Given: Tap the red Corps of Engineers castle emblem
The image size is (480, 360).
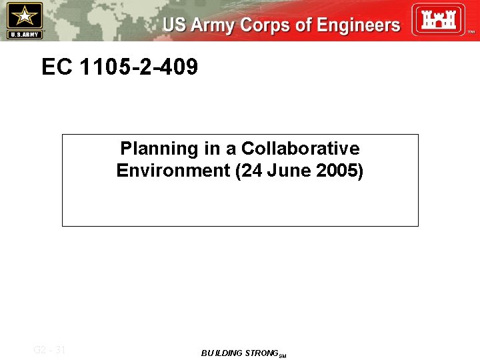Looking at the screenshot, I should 438,19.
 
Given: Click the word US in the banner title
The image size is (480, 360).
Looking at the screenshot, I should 175,26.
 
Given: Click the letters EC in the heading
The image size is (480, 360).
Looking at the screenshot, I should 55,67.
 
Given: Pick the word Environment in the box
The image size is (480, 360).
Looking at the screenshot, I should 173,171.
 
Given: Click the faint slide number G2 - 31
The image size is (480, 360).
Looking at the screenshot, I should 49,349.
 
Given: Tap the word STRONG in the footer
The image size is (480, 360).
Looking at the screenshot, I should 261,353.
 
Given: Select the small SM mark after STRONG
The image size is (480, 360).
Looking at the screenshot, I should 282,356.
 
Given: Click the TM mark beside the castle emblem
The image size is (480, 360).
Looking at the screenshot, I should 471,31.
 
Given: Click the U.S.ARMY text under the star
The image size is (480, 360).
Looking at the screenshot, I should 24,34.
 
